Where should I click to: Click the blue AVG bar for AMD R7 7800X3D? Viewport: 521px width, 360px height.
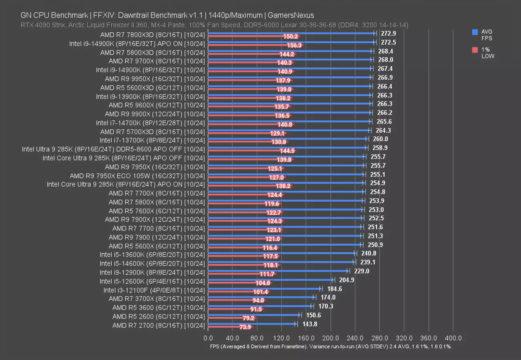tap(291, 34)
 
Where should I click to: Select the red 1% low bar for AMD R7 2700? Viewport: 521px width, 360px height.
tap(224, 327)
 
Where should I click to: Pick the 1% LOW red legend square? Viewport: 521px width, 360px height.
tap(475, 50)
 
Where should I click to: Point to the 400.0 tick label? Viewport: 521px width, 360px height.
tap(453, 338)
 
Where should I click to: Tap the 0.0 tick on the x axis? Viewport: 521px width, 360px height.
tap(208, 338)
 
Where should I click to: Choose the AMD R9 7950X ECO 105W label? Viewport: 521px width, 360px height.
tap(137, 176)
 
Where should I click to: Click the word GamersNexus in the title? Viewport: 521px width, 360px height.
tap(296, 16)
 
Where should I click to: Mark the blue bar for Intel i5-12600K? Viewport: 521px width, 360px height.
tap(270, 280)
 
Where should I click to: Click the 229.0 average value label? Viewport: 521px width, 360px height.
tap(361, 271)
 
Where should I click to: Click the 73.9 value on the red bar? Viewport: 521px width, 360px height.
tap(245, 327)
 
